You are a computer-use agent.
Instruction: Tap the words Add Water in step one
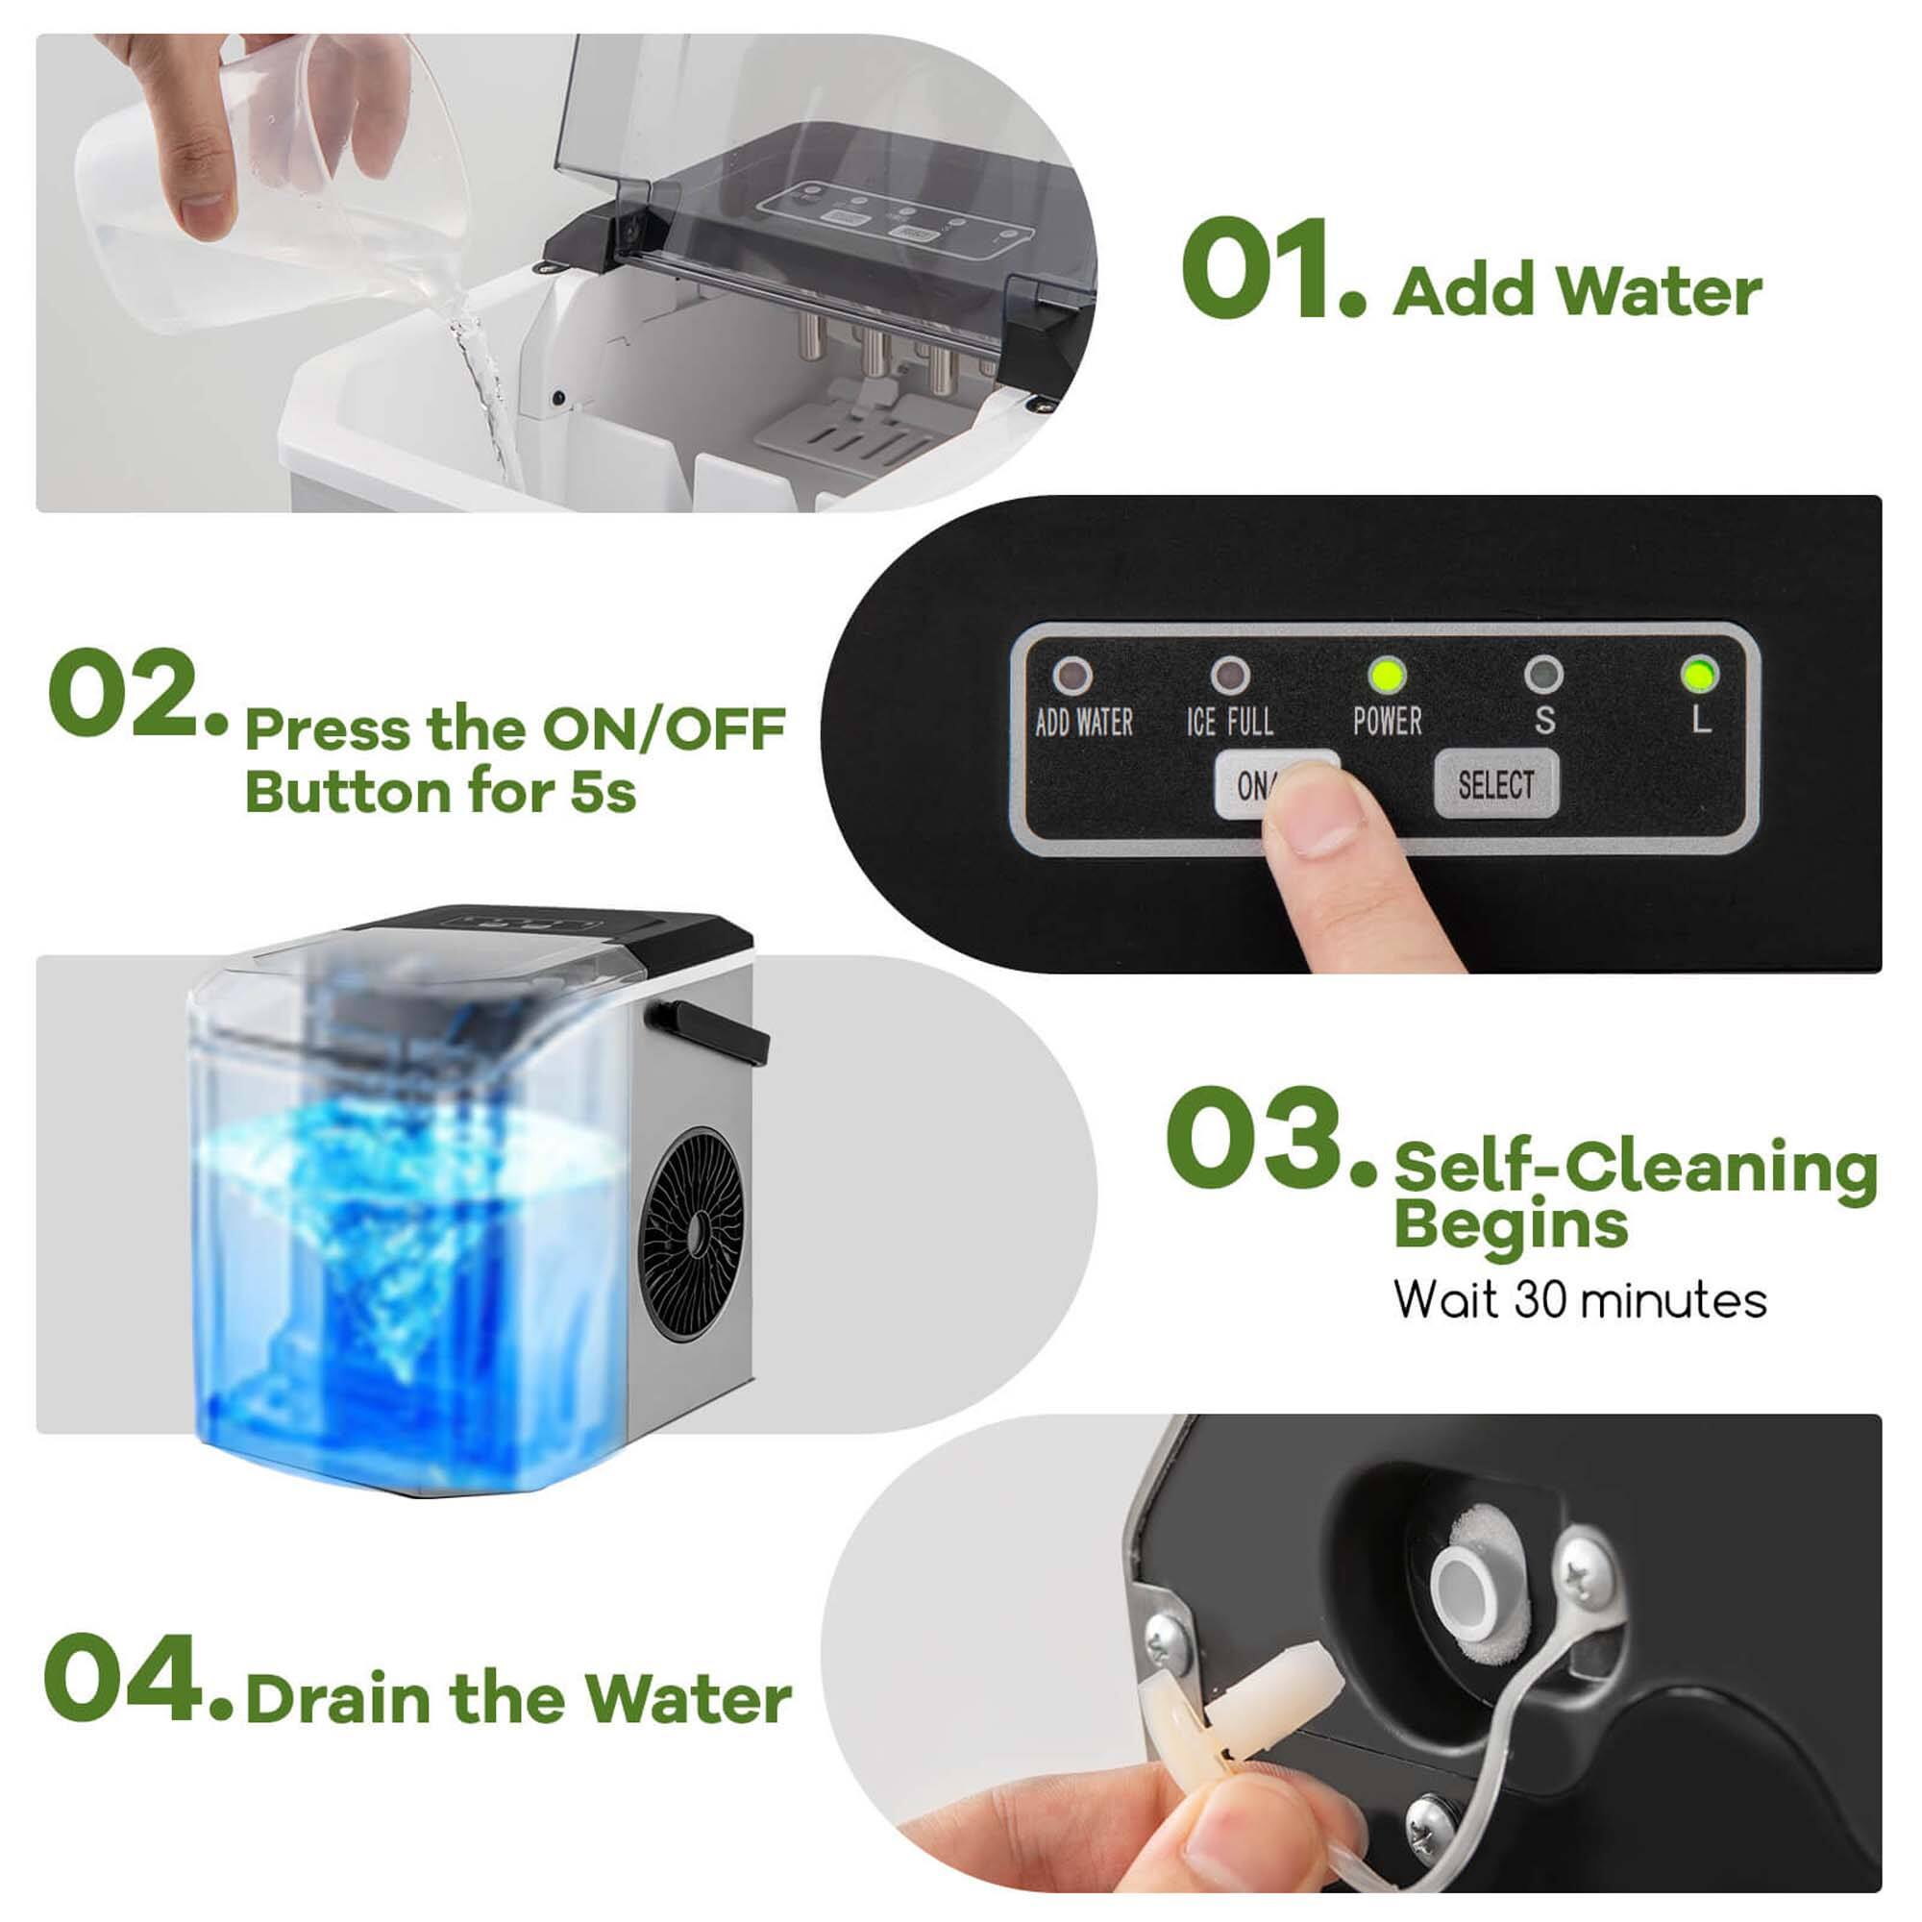(x=1577, y=292)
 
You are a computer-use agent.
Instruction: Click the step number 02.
(x=128, y=696)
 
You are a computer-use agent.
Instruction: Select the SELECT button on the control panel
(x=1495, y=785)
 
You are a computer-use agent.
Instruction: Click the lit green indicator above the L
(x=1699, y=676)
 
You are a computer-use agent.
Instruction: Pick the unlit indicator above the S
(x=1543, y=676)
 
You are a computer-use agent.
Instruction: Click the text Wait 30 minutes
(x=1579, y=1300)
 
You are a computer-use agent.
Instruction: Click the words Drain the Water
(x=517, y=1699)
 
